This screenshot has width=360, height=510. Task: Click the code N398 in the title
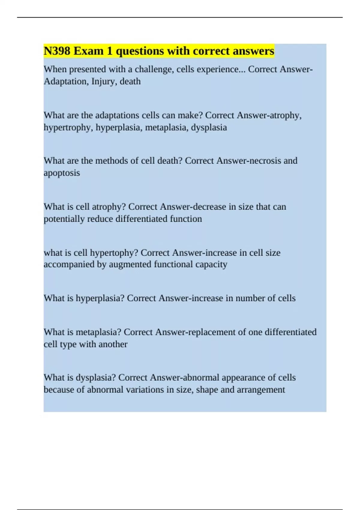point(57,51)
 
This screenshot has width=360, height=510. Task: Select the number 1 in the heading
point(109,51)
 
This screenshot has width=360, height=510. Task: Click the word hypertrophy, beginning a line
point(68,127)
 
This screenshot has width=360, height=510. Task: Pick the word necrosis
point(265,161)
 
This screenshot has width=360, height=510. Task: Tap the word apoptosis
point(62,173)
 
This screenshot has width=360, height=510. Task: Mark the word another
point(113,344)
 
